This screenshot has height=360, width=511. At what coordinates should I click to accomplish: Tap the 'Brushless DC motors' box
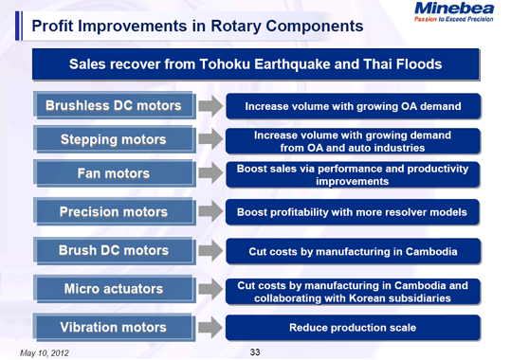(x=114, y=104)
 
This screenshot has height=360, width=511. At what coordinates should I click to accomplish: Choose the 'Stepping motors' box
(x=114, y=140)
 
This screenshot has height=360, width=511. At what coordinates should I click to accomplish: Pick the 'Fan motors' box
(x=114, y=174)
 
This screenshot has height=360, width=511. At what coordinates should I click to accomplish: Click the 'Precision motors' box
(x=114, y=212)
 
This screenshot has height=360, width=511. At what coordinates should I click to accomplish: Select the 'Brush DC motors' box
(x=114, y=251)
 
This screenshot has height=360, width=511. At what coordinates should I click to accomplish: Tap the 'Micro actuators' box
(x=114, y=289)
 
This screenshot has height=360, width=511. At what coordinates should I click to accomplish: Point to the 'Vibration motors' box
(x=114, y=327)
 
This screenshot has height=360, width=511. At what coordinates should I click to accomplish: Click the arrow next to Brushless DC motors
(x=211, y=105)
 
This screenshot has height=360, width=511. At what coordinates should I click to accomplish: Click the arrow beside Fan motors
(x=211, y=175)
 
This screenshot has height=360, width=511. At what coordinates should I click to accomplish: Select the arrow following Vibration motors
(x=211, y=328)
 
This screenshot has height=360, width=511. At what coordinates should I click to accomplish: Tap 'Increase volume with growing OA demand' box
(x=353, y=105)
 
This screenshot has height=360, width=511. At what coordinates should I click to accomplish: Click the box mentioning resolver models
(x=353, y=213)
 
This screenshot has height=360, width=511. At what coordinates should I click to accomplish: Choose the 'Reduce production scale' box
(x=353, y=328)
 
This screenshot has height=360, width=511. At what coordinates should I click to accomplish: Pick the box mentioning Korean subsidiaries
(x=353, y=291)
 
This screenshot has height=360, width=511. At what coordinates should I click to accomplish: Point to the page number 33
(x=254, y=352)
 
